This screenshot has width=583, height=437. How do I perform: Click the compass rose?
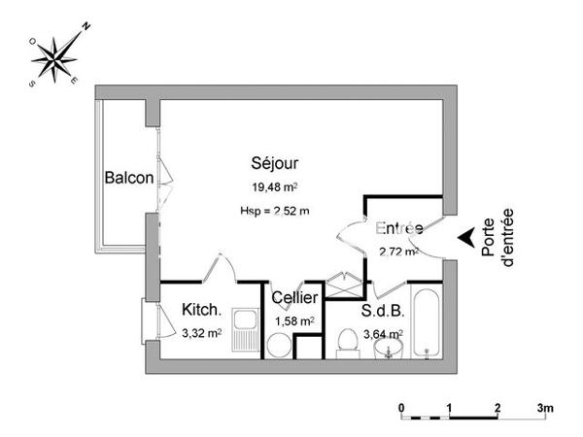click(56, 55)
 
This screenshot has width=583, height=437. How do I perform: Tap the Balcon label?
click(128, 178)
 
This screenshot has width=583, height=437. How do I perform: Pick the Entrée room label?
click(397, 229)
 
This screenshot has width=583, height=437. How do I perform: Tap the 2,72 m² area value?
click(398, 252)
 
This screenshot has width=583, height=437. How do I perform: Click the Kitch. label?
click(202, 311)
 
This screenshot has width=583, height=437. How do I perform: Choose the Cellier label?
click(293, 298)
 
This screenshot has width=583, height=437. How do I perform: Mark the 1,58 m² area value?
click(293, 320)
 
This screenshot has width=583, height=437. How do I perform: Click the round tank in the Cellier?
click(278, 344)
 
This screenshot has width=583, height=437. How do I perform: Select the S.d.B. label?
click(382, 313)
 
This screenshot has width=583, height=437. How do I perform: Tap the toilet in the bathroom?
click(344, 342)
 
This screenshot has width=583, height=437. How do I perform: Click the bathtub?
click(427, 320)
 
